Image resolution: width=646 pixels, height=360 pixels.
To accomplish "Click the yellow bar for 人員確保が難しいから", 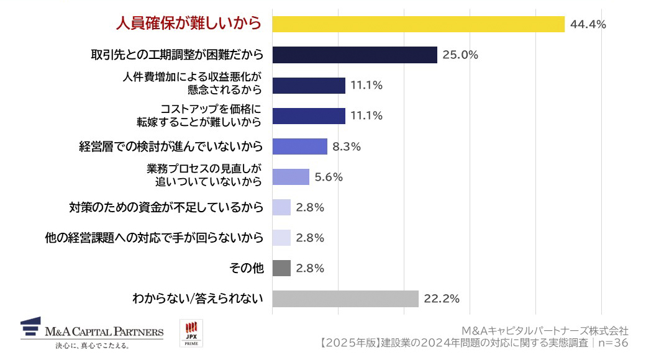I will [418, 24].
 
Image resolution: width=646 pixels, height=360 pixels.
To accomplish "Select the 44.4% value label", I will [588, 25].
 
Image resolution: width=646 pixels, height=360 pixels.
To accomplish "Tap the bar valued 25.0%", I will [355, 55].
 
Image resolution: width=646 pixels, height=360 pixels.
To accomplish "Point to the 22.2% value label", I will [442, 299].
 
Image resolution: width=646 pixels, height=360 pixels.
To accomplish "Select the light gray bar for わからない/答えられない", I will [345, 299].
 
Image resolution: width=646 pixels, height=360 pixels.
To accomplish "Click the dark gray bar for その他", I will [281, 268].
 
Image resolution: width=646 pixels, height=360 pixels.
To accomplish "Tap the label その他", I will [247, 268].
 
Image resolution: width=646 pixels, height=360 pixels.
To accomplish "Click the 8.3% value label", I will [347, 146].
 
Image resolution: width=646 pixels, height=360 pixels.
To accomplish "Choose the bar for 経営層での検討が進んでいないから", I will [300, 146].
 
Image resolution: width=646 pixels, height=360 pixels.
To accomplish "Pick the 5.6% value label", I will [329, 177].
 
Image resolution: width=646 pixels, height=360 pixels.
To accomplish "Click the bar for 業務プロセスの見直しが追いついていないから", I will [291, 177].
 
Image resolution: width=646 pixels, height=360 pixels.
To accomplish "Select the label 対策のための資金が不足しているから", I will [166, 207].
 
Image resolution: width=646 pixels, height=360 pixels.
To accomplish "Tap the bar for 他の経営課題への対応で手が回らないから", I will [281, 238].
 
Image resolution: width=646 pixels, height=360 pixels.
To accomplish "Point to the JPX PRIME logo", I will [191, 333].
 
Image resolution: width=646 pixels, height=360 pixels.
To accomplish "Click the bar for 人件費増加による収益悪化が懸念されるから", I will [309, 86].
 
